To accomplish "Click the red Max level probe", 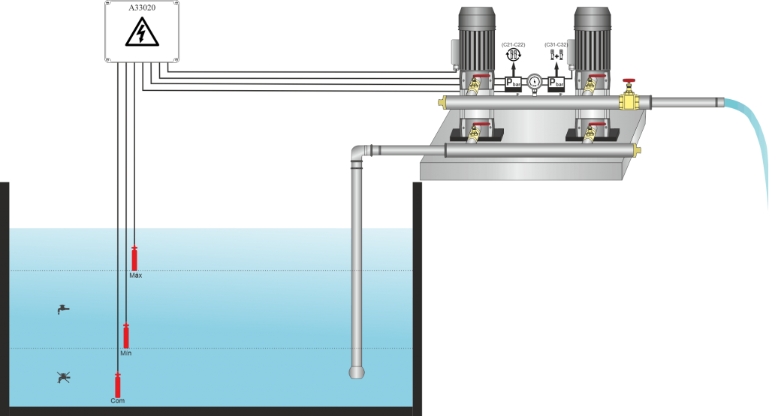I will tap(134, 258).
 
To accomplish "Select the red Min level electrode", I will tap(126, 336).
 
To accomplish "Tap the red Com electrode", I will tap(117, 385).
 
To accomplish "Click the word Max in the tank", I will tap(135, 276).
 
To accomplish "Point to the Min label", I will tap(126, 352).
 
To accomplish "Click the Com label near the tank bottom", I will tap(117, 401).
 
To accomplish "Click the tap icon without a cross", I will tap(64, 309).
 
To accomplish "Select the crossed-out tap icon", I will tap(64, 377).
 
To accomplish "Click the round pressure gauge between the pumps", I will tap(535, 81).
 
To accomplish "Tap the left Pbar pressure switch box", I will tap(513, 83).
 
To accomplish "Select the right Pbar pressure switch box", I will tap(556, 83).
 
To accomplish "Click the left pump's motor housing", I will tap(476, 38).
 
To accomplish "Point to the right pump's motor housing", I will tap(593, 38).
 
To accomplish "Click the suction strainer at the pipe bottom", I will tap(357, 371).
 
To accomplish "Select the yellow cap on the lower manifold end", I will tap(638, 151).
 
